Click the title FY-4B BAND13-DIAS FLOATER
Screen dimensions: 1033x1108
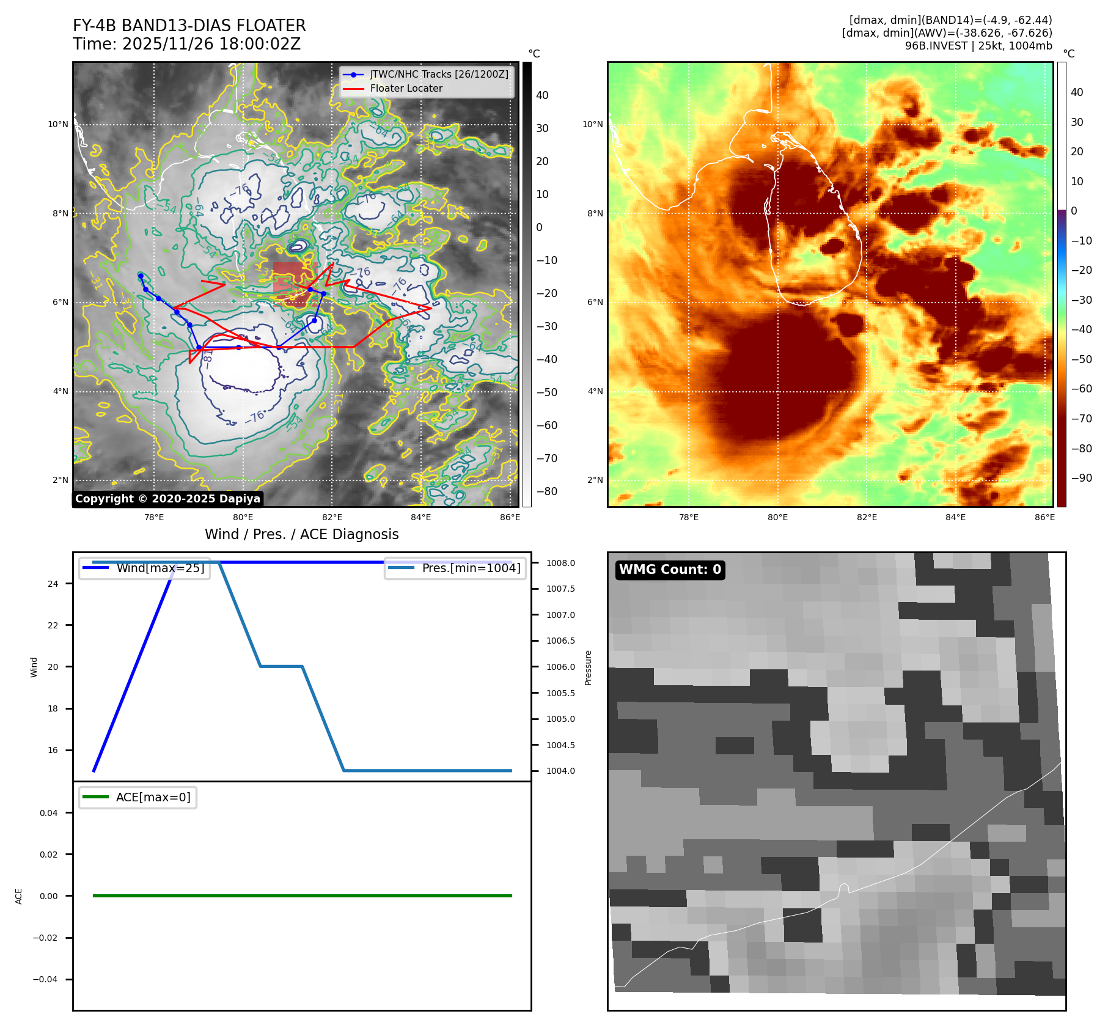click(189, 26)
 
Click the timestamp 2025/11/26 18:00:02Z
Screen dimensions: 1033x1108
click(211, 44)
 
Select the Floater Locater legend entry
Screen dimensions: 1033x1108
click(406, 89)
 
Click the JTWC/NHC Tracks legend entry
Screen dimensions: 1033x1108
click(439, 75)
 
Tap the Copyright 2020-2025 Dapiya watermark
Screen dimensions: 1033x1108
click(167, 499)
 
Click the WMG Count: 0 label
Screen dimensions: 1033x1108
click(670, 570)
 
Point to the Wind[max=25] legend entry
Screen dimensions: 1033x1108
click(160, 568)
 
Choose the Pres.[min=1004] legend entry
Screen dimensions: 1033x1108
click(471, 568)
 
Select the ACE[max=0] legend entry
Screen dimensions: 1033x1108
click(153, 797)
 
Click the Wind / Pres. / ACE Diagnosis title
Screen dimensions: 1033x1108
click(301, 534)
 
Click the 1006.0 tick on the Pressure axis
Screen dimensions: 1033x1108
click(560, 667)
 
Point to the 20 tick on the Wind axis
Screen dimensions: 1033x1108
click(53, 667)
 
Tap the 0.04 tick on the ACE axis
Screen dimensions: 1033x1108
click(49, 813)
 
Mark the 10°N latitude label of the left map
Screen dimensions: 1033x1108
click(58, 125)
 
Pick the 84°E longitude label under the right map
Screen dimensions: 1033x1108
click(955, 517)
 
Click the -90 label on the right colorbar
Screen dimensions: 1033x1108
click(1081, 478)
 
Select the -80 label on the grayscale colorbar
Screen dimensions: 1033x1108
click(546, 491)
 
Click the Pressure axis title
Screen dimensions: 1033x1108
click(589, 667)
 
